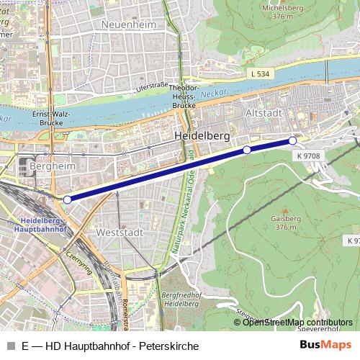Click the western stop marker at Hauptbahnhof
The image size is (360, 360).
tap(67, 199)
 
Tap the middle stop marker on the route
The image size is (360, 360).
tap(247, 150)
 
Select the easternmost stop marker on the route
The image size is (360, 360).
tap(292, 140)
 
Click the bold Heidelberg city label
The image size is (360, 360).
tap(202, 135)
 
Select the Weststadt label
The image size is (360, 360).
tap(120, 233)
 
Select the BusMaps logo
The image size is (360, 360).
tap(325, 346)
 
